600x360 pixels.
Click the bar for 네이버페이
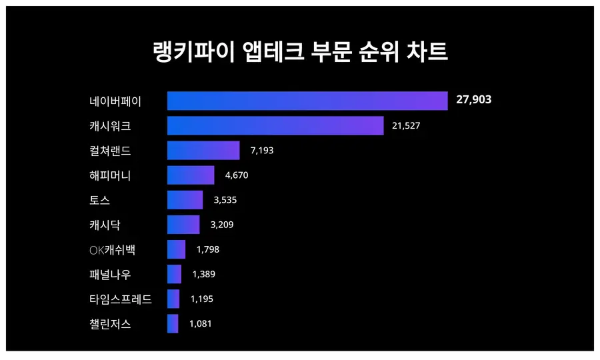(x=307, y=101)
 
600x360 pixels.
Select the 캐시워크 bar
(x=275, y=125)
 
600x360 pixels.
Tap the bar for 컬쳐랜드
(x=203, y=151)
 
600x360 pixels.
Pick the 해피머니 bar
(x=191, y=175)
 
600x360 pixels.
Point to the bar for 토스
(x=185, y=200)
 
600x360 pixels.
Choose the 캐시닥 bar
(x=183, y=225)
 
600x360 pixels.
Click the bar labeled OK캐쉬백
(x=177, y=249)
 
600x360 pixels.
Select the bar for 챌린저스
(x=173, y=323)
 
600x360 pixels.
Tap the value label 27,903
(x=474, y=99)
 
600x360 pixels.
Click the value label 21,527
(x=406, y=126)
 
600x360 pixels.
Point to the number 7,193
(x=262, y=151)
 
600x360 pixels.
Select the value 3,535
(x=225, y=200)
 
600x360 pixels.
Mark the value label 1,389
(x=204, y=274)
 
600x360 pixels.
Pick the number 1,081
(x=201, y=323)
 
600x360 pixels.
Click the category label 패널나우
(x=110, y=274)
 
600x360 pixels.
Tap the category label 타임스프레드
(x=121, y=299)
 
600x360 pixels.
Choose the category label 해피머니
(x=110, y=175)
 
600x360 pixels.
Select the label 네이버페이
(x=115, y=101)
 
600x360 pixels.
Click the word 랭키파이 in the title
(x=193, y=51)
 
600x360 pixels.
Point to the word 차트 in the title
(x=427, y=51)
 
